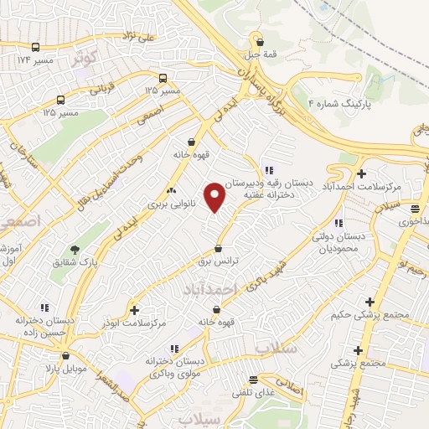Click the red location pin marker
(x=215, y=197)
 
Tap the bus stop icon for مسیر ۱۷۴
(x=35, y=47)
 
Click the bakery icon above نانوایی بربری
(x=172, y=190)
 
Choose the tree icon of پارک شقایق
(x=75, y=250)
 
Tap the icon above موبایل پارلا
(x=44, y=354)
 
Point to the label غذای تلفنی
(x=252, y=391)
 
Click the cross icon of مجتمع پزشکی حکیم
(x=370, y=302)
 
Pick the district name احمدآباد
(x=209, y=288)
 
